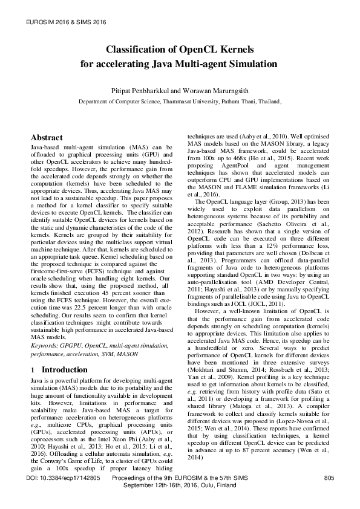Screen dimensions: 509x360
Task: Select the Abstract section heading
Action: pyautogui.click(x=47, y=138)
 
